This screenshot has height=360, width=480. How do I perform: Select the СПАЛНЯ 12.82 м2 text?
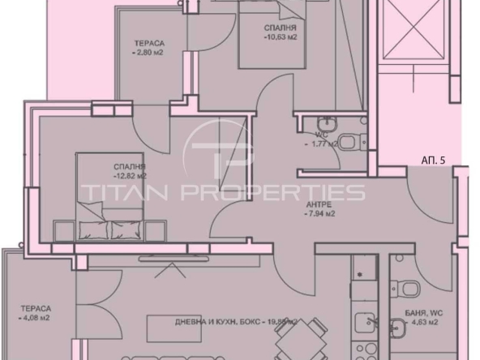(130, 170)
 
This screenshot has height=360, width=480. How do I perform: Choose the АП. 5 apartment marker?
(434, 161)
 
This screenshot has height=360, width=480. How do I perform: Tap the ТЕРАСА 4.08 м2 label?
(36, 313)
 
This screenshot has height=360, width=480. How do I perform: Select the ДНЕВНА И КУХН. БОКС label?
(219, 321)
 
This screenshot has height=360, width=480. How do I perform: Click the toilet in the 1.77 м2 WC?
(348, 144)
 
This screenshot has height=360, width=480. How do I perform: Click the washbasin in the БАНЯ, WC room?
(398, 328)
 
